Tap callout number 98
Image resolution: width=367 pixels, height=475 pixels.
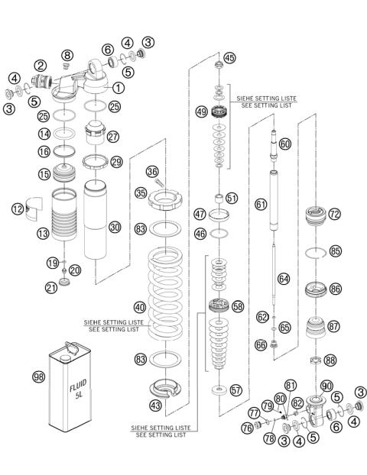point(38,377)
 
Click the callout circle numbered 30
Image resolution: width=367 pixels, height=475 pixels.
point(115,227)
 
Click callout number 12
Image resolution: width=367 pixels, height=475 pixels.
point(17,208)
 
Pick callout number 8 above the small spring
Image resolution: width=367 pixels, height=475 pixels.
point(68,55)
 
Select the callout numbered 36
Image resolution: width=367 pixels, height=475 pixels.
point(152,171)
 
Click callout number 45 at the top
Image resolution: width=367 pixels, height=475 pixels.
point(229,58)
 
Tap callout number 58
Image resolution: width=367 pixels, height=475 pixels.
point(238,305)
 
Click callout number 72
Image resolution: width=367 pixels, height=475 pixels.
point(334,215)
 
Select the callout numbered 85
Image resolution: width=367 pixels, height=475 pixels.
point(336,250)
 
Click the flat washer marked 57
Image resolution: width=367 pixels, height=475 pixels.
point(219,390)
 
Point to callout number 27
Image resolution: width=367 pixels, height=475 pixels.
point(115,137)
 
